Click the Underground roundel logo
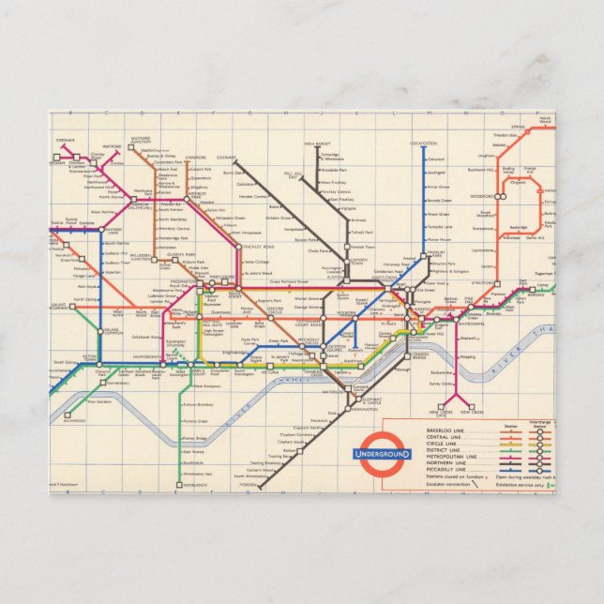click(382, 454)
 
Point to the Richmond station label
click(75, 421)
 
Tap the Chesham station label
click(65, 140)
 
